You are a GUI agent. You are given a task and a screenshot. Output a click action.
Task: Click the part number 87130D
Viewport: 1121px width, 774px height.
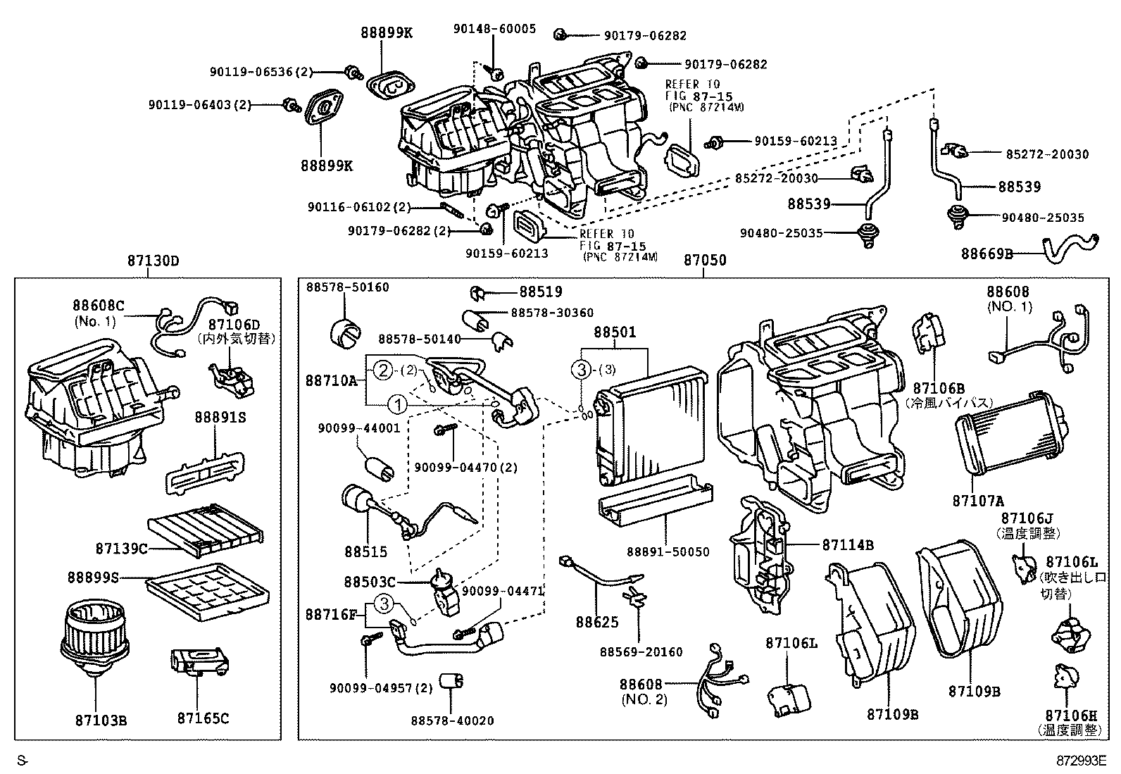(x=154, y=261)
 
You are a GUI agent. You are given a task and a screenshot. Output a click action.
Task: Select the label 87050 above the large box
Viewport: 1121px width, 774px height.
(x=705, y=261)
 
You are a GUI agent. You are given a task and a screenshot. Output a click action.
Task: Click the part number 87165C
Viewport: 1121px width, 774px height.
(x=203, y=719)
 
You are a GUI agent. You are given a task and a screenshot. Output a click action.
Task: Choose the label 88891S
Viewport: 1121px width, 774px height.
(x=220, y=418)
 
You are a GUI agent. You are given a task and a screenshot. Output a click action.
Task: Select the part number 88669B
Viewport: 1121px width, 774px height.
(x=987, y=254)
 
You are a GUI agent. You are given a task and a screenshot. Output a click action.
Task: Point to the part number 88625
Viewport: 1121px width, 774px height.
(x=597, y=623)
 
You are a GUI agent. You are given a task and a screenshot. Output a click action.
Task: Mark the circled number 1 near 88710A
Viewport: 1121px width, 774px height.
(x=398, y=404)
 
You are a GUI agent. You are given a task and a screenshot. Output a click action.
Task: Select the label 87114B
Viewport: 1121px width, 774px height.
(x=848, y=544)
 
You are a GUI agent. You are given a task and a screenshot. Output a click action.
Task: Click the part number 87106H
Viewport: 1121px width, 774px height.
(x=1072, y=715)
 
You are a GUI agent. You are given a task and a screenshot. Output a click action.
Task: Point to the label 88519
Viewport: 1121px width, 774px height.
(x=541, y=292)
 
